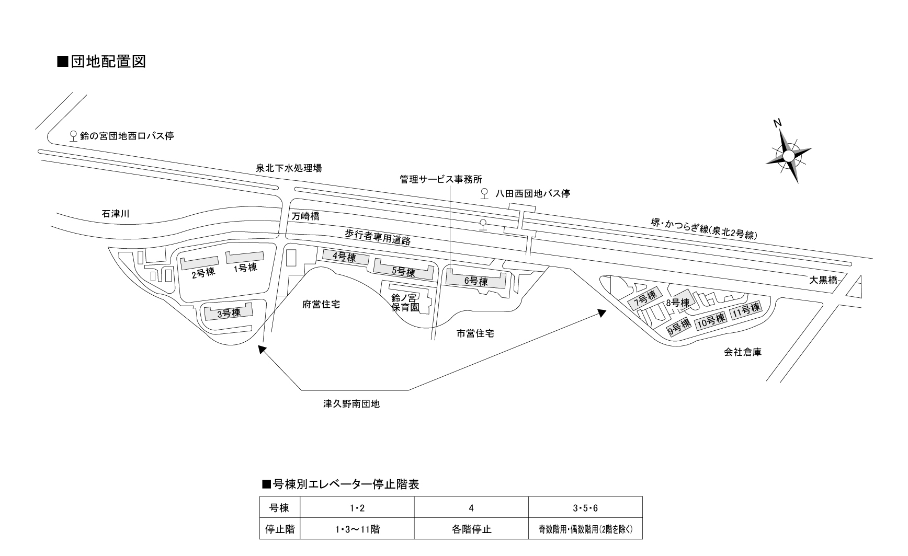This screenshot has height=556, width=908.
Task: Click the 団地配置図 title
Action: tap(101, 62)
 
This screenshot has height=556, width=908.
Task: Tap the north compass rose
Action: tap(788, 155)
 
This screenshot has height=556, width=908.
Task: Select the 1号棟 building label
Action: tap(245, 268)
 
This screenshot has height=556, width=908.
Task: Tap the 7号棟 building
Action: tap(645, 299)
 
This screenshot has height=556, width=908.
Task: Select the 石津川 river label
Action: tap(116, 213)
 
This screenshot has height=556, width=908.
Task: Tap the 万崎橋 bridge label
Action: tap(305, 216)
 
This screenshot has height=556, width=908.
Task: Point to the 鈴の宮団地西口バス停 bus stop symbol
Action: tap(74, 136)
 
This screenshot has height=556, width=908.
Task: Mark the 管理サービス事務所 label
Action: tap(441, 179)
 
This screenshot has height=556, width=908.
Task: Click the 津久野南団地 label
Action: tap(351, 404)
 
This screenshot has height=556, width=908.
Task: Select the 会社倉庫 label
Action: tap(743, 352)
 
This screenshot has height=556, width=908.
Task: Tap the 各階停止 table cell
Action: tap(471, 529)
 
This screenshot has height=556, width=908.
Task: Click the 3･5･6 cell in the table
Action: tap(585, 507)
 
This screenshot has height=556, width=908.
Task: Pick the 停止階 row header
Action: tap(280, 529)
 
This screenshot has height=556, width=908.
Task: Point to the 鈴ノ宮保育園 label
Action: tap(405, 303)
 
